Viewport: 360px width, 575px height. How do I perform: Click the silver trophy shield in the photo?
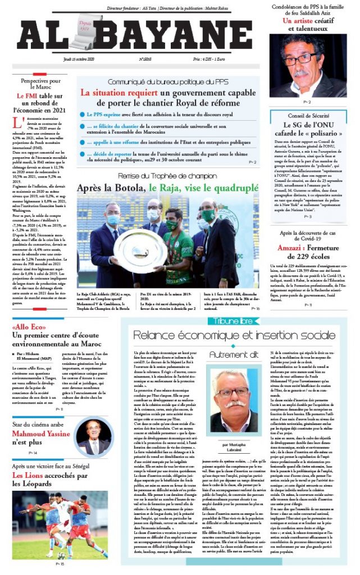coord(137,248)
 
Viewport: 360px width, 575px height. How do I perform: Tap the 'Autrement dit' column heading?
coord(231,355)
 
